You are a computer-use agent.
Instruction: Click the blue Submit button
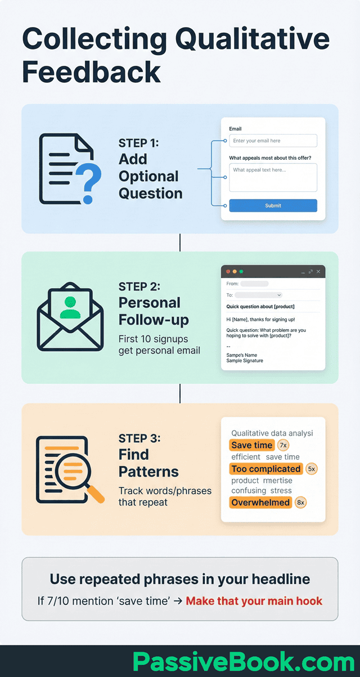tap(273, 205)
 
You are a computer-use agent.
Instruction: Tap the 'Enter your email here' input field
tap(273, 141)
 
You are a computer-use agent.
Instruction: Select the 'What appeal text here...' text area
tap(273, 177)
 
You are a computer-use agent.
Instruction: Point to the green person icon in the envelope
tap(70, 307)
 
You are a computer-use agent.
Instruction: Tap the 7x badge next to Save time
tap(283, 445)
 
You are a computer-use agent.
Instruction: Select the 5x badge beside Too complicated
tap(312, 469)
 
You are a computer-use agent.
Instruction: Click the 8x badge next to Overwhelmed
tap(300, 503)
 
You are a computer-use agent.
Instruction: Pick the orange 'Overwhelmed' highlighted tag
tap(260, 503)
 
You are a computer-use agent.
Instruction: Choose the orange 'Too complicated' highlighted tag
tap(265, 469)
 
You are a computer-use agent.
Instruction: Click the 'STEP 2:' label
tap(139, 286)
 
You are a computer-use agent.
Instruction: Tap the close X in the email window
tap(318, 271)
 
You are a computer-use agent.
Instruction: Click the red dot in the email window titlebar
tap(228, 271)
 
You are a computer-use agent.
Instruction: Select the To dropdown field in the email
tap(259, 295)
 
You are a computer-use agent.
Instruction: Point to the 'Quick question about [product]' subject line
tap(260, 307)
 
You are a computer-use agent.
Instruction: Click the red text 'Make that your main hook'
tap(254, 601)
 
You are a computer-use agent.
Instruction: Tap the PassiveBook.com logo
tap(244, 662)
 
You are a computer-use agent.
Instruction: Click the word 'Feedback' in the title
tap(91, 72)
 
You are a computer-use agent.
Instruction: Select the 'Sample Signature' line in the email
tap(245, 361)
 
